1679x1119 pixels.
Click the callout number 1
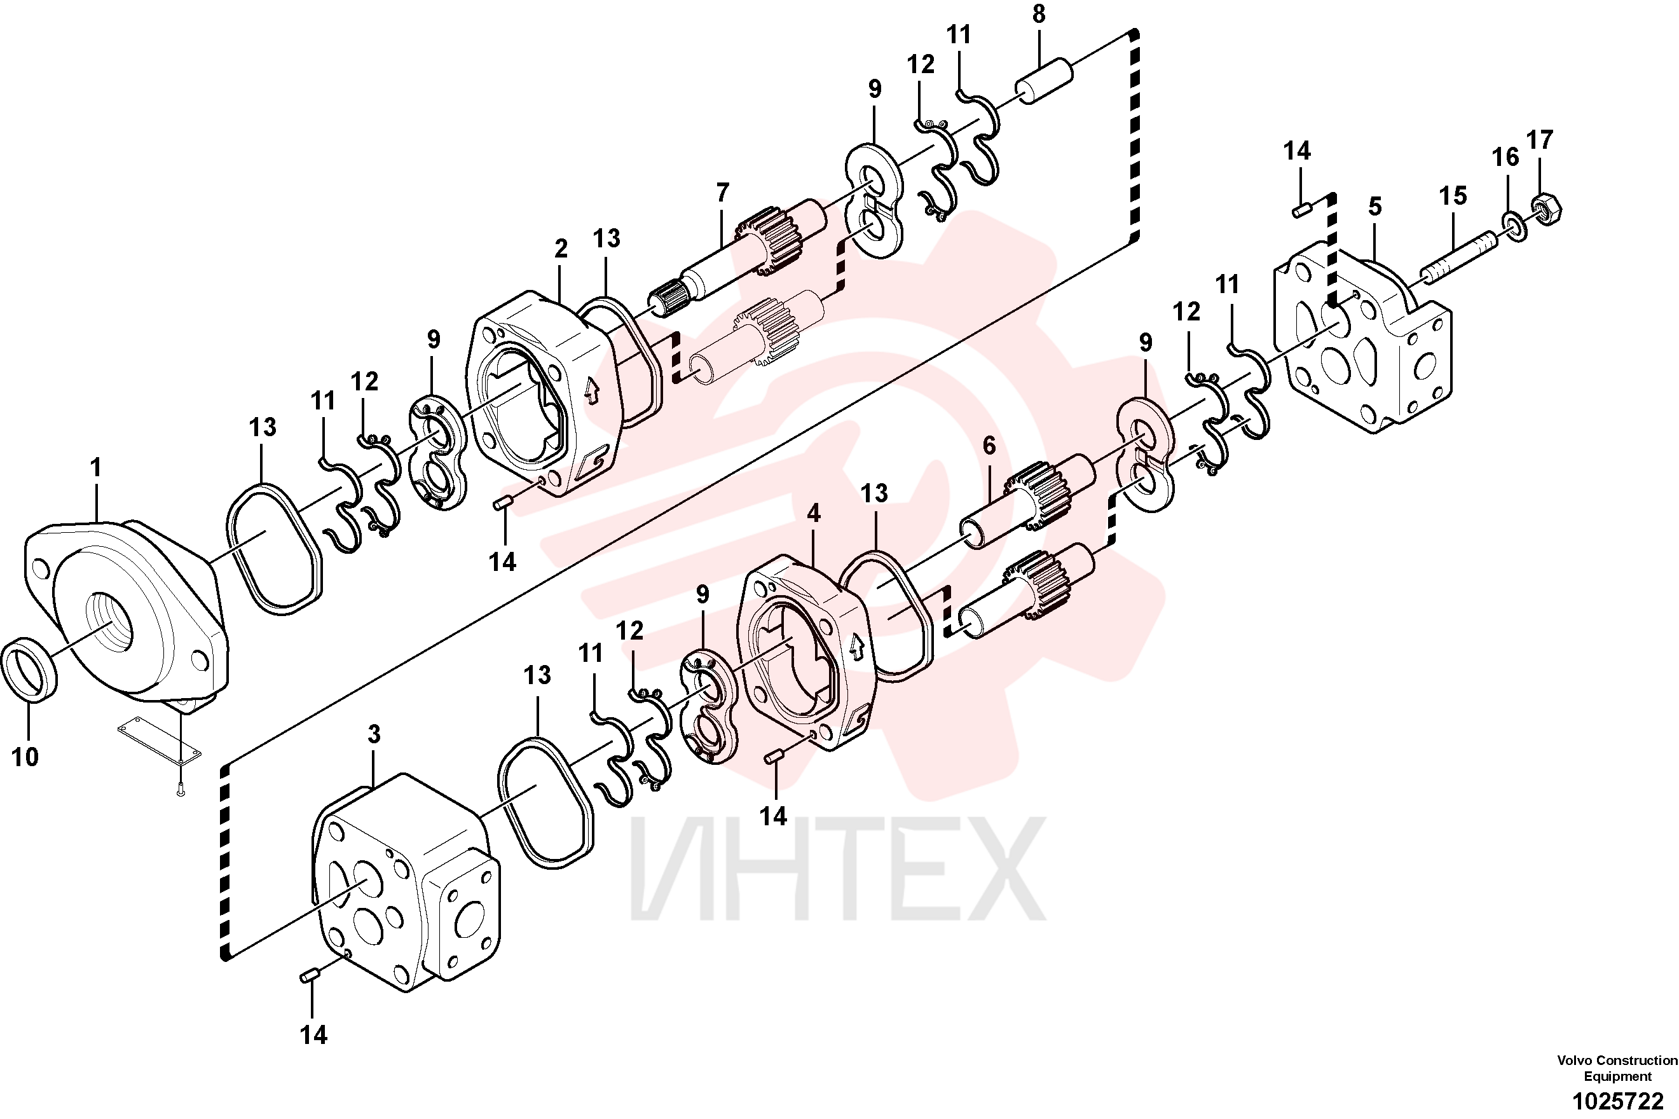(x=95, y=469)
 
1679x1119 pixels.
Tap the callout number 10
(x=25, y=757)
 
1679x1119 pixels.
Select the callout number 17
(x=1540, y=140)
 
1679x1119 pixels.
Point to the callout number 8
(x=1039, y=14)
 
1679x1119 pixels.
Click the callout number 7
(x=723, y=192)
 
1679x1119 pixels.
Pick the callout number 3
(x=374, y=734)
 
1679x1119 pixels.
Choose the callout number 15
(x=1453, y=196)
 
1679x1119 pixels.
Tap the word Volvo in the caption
(x=1575, y=1061)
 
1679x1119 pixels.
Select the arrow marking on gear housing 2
(x=591, y=391)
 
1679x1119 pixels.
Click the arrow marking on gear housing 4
(x=856, y=647)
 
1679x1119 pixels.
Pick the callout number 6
(x=989, y=446)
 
